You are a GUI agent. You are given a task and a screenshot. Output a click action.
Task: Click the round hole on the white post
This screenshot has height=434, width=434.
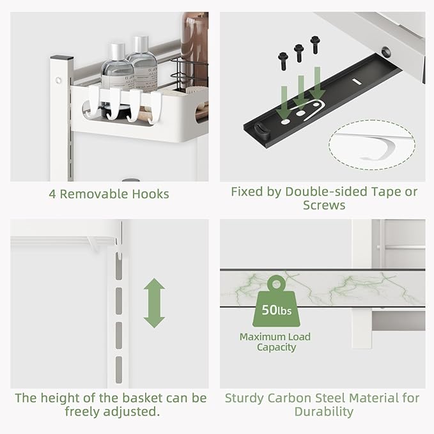58,81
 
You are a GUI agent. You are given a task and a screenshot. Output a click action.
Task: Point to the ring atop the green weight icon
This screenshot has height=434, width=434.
275,283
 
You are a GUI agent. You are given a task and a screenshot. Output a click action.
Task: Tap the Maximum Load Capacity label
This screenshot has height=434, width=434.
275,342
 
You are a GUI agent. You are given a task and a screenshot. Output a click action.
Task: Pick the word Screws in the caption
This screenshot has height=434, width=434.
323,205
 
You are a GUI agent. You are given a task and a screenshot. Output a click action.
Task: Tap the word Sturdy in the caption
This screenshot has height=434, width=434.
245,398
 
